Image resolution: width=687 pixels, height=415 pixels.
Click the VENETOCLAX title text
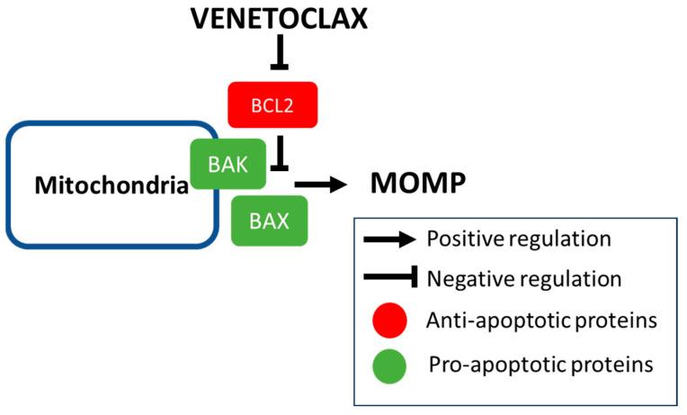tap(279, 18)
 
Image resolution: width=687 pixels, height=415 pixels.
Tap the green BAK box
tap(228, 164)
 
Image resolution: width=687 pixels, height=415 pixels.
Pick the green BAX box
tap(269, 220)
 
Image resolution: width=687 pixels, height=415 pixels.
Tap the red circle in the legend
tap(388, 320)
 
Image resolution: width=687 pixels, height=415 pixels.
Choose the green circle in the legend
tap(388, 365)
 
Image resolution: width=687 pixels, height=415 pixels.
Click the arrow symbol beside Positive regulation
tap(389, 239)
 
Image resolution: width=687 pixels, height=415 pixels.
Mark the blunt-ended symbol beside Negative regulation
tap(389, 281)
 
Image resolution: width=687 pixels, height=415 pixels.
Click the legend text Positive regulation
tap(519, 239)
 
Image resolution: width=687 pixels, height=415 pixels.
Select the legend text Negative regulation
tap(524, 279)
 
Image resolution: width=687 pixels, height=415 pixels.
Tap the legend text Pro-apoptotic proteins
tap(540, 365)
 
